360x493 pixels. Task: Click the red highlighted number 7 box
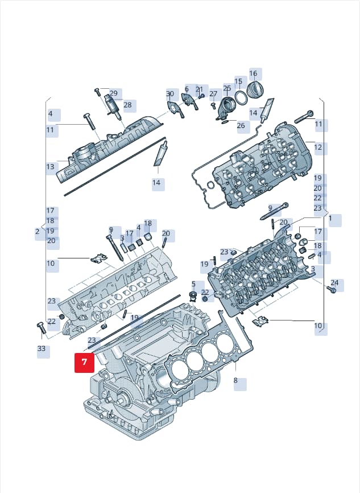click(x=84, y=363)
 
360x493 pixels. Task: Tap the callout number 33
click(x=42, y=348)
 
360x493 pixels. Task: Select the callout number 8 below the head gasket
click(x=235, y=381)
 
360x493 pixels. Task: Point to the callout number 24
click(x=334, y=282)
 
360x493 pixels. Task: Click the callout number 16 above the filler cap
click(x=253, y=73)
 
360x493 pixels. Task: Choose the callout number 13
click(x=50, y=166)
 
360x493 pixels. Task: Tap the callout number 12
click(x=318, y=147)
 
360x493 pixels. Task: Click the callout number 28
click(x=127, y=105)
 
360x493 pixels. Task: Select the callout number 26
click(x=241, y=125)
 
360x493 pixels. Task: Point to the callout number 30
click(x=170, y=94)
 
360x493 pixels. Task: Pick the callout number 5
click(x=193, y=284)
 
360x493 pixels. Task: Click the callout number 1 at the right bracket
click(x=330, y=219)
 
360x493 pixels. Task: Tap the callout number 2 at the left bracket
click(x=38, y=232)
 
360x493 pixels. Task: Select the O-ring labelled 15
click(x=241, y=98)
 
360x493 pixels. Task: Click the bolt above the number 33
click(x=42, y=328)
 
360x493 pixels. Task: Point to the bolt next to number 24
click(x=331, y=289)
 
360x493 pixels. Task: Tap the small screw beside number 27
click(x=213, y=105)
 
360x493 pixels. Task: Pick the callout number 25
click(x=227, y=88)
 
